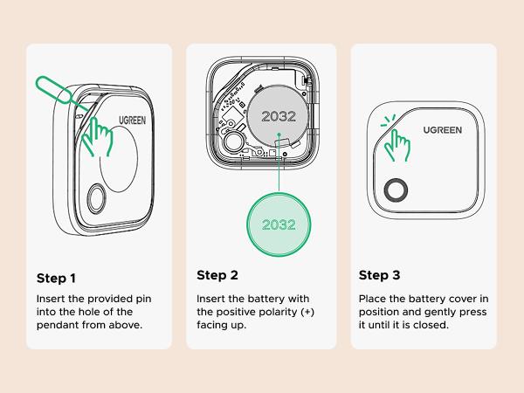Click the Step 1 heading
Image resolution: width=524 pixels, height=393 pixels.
point(57,279)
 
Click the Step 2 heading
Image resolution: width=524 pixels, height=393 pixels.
point(217,275)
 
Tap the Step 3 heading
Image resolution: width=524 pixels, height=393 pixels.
point(380,275)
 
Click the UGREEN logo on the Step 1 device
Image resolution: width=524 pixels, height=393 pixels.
point(132,114)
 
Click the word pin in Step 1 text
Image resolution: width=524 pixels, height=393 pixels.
point(145,299)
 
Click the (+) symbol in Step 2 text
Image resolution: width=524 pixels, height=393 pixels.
point(307,312)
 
